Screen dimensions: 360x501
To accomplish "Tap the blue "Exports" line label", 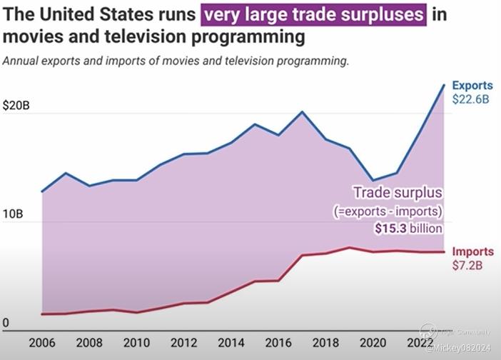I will click(472, 86).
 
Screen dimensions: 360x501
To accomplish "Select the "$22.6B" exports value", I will click(470, 99).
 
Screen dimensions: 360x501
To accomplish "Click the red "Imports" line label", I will click(472, 251).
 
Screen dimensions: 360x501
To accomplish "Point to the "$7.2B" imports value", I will click(469, 265).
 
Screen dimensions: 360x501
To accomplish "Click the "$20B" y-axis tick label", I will click(16, 106).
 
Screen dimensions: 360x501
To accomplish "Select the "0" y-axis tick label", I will click(6, 323).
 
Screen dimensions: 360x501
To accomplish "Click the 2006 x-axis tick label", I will click(42, 342).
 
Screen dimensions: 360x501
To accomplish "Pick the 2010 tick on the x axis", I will click(136, 342).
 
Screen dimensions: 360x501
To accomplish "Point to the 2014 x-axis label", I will click(231, 342).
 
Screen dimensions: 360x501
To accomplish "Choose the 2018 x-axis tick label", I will click(325, 342).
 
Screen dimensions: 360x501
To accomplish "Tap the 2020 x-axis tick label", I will click(372, 342).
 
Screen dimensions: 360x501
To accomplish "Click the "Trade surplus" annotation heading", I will click(398, 193).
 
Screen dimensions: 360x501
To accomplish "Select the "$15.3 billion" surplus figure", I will click(408, 229).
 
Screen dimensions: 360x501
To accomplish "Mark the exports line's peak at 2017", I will click(302, 112).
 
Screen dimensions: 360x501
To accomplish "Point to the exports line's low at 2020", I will click(373, 181).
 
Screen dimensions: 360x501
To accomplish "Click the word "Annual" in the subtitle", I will click(22, 61).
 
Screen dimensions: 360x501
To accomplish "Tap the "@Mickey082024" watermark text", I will click(459, 349).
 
